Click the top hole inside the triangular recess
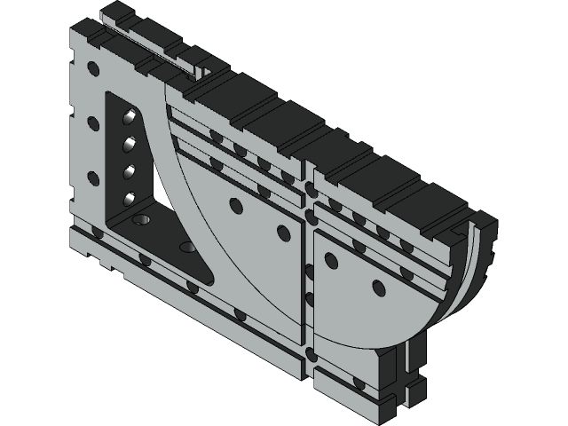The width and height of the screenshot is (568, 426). point(130,115)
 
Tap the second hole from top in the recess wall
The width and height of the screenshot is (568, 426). point(130,142)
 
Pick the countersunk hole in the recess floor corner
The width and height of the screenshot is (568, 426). point(140,217)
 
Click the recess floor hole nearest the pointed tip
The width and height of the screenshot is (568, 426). point(186,247)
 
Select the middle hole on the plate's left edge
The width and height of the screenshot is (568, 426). point(91,121)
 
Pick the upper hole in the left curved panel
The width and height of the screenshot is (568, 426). point(235,205)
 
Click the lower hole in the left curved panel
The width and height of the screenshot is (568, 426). point(284,233)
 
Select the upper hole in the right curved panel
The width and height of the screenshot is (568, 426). point(330,260)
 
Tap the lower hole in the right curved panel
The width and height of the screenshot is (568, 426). point(379,288)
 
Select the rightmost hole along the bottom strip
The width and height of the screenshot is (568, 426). point(359,384)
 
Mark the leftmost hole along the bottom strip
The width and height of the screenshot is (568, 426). point(97,233)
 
